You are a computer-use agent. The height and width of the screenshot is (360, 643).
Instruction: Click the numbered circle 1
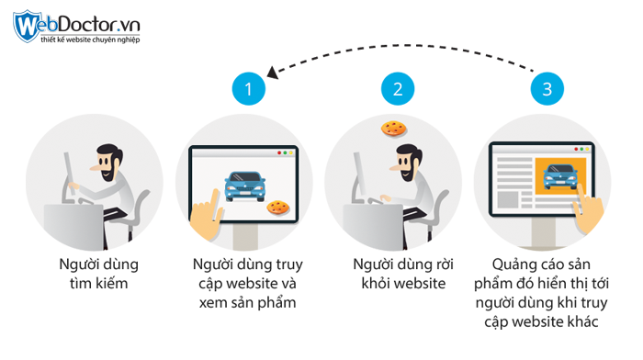[247, 89]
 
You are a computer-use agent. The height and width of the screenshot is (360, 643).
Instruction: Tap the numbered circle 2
[397, 89]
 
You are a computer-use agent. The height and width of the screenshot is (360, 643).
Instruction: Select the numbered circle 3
[547, 89]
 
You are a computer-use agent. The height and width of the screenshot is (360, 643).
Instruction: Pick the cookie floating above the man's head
[393, 128]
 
